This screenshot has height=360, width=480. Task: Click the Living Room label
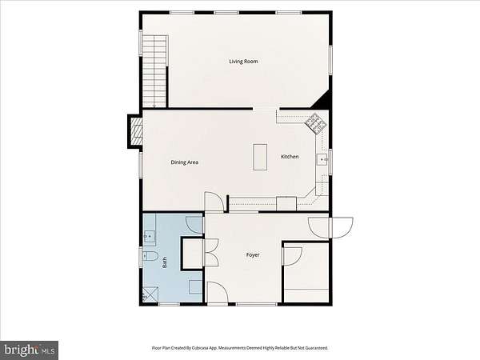pyautogui.click(x=243, y=62)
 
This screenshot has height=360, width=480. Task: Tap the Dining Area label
pyautogui.click(x=185, y=162)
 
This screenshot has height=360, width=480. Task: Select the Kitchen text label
pyautogui.click(x=290, y=157)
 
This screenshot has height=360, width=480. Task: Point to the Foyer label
pyautogui.click(x=253, y=254)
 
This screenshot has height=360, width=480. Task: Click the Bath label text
pyautogui.click(x=165, y=262)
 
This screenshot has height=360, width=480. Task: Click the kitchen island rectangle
pyautogui.click(x=260, y=157)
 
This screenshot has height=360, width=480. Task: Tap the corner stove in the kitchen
pyautogui.click(x=316, y=123)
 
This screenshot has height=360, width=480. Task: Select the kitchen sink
pyautogui.click(x=322, y=159)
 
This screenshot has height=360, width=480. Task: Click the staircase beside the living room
pyautogui.click(x=155, y=71)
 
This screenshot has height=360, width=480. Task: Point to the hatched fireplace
pyautogui.click(x=137, y=131)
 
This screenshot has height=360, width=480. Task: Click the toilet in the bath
pyautogui.click(x=150, y=256)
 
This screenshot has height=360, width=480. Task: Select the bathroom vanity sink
pyautogui.click(x=150, y=236)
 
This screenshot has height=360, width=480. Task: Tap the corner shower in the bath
pyautogui.click(x=150, y=294)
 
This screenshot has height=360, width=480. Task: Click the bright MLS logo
pyautogui.click(x=30, y=350)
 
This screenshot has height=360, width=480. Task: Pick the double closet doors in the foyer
pyautogui.click(x=211, y=252)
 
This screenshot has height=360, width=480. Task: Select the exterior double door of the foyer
pyautogui.click(x=330, y=228)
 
